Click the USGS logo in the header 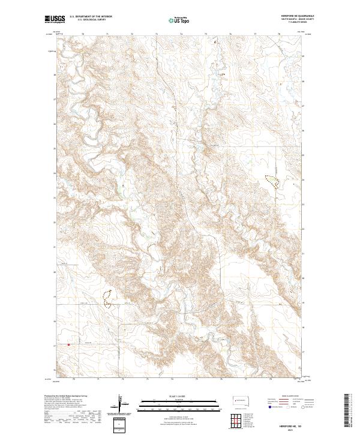coord(55,19)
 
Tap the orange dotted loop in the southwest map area coord(108,298)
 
